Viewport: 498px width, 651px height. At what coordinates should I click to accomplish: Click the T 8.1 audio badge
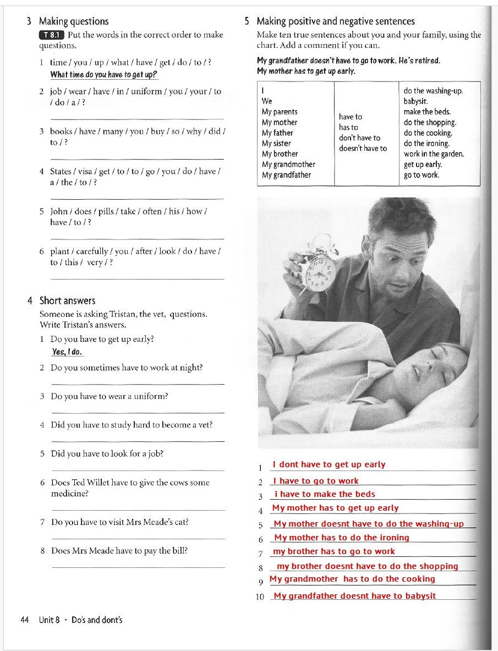52,35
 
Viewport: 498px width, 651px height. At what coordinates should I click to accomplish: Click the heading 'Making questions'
74,21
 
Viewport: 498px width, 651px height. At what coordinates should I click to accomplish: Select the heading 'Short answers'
67,300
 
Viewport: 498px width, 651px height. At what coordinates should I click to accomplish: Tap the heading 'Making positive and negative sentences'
336,21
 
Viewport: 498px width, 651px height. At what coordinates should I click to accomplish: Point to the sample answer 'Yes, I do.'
67,352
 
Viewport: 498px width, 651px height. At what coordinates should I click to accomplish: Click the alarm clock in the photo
321,266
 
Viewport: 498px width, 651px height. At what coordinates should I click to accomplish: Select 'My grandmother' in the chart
288,165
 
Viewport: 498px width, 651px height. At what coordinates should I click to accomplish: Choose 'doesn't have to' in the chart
363,149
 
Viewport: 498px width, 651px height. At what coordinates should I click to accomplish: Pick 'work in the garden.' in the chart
434,154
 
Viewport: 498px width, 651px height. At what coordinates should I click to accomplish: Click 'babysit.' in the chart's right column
415,101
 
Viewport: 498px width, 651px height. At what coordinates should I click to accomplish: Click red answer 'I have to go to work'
316,481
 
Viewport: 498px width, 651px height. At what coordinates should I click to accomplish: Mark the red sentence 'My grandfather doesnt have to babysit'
354,596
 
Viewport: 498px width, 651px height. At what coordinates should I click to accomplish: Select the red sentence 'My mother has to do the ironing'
341,538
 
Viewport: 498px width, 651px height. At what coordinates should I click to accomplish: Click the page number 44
24,620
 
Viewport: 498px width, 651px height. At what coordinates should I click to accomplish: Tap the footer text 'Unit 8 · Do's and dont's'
80,620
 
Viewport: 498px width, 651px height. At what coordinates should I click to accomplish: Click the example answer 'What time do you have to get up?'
103,74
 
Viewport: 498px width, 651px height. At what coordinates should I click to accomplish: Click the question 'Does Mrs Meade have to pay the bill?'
119,550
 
